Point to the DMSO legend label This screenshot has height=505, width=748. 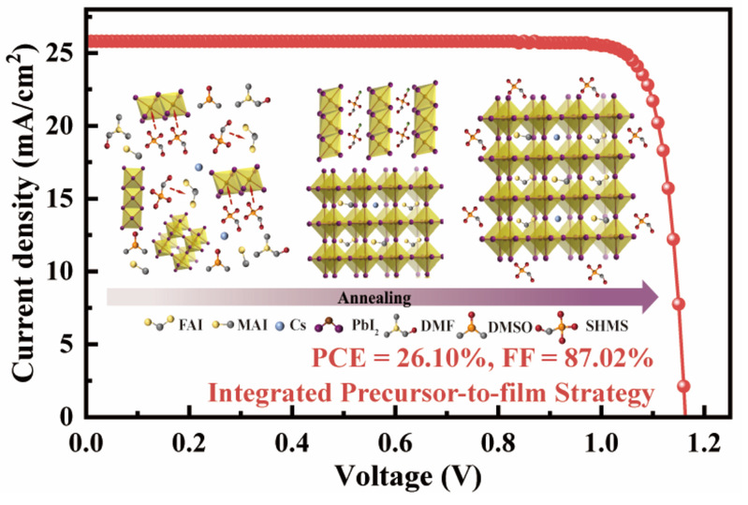513,327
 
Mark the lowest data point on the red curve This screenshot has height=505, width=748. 683,385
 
